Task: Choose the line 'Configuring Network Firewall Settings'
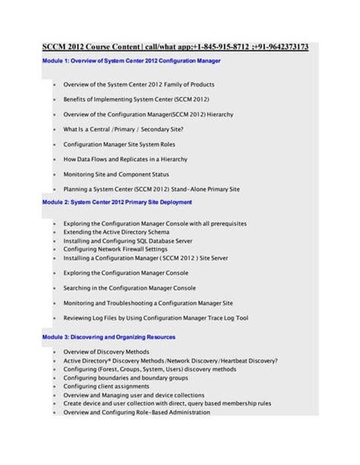[x=115, y=248]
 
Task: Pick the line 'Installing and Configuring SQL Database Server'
[x=128, y=240]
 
